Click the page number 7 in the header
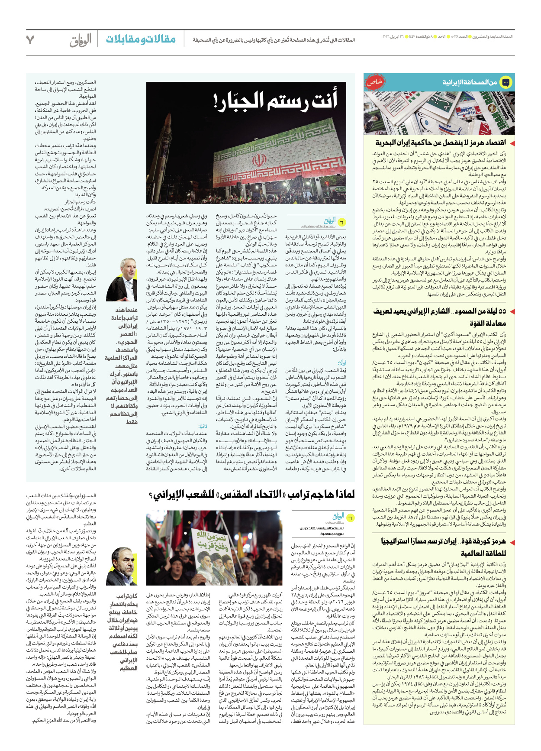tap(30, 40)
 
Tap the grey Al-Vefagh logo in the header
tap(81, 40)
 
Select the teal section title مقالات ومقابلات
tap(141, 39)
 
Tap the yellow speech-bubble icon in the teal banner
tap(505, 82)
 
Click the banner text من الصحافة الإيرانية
tap(469, 82)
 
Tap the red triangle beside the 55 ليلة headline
tap(512, 311)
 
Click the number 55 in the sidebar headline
tap(502, 311)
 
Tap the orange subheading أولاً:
tap(342, 363)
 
